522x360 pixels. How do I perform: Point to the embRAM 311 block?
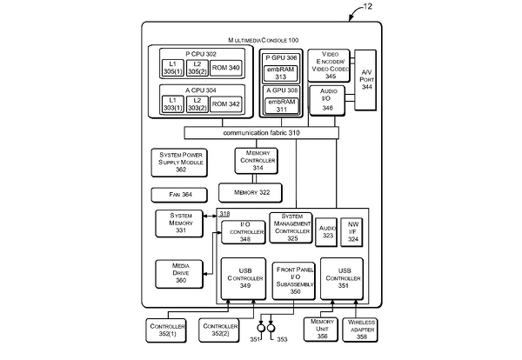[281, 106]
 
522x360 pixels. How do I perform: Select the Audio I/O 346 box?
[328, 97]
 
